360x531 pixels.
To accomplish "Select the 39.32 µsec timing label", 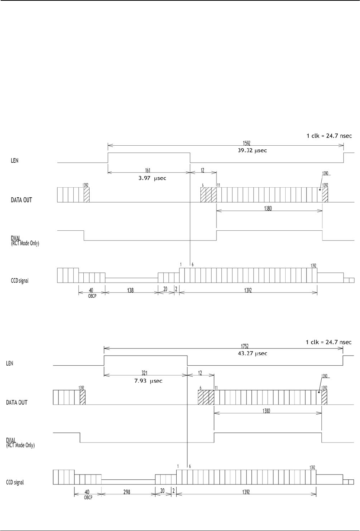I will (253, 150).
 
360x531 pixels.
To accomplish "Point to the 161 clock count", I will (147, 170).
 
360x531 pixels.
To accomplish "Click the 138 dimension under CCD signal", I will (130, 291).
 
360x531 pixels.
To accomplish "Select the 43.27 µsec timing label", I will (253, 353).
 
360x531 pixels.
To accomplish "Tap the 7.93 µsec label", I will (148, 381).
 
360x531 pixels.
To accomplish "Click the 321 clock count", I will (145, 373).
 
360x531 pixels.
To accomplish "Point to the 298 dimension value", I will (127, 492).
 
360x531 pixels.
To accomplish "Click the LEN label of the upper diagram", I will (14, 161).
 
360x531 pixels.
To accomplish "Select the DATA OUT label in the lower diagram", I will (17, 402).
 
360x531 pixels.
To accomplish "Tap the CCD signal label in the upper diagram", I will (19, 281).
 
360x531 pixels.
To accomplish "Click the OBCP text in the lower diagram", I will (88, 498).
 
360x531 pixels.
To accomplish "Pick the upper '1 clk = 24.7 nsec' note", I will (329, 136).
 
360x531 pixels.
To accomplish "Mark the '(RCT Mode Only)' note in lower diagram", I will (20, 445).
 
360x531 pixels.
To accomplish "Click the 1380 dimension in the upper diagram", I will (267, 208).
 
